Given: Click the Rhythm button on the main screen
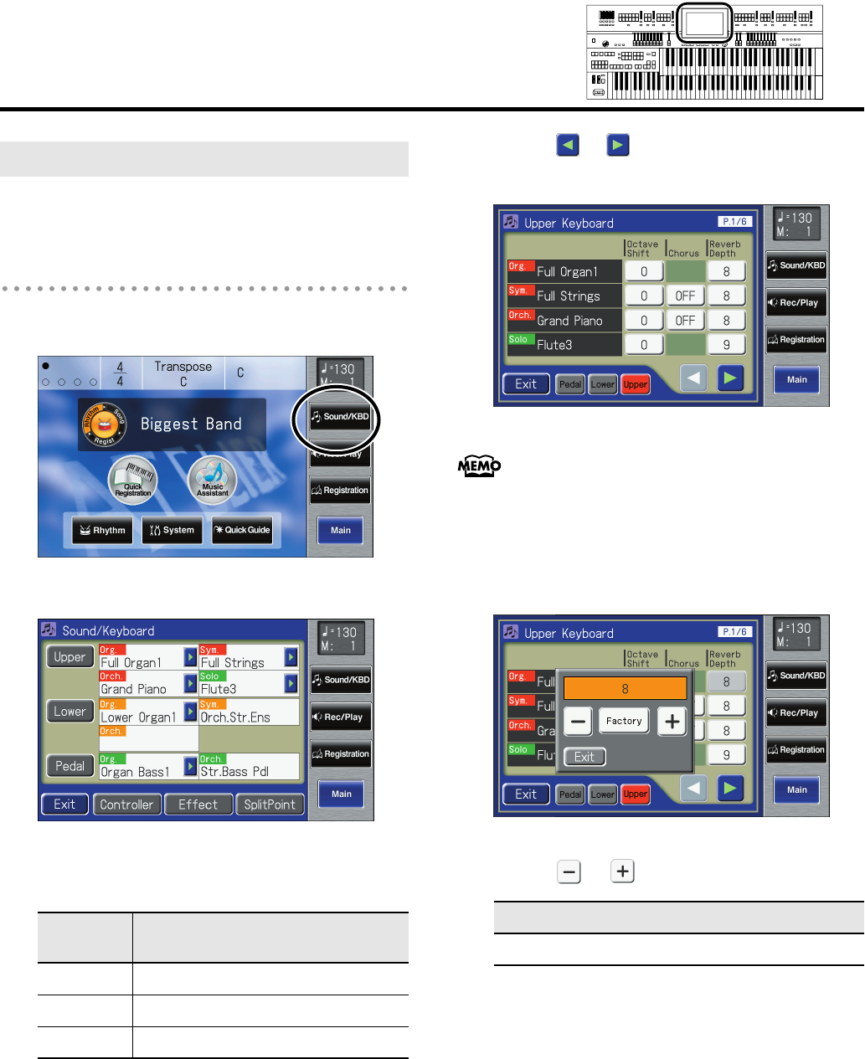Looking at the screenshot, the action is pos(102,530).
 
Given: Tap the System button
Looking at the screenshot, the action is pos(172,530).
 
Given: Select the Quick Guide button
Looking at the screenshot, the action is pos(242,530).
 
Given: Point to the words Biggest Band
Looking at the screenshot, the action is pos(191,424).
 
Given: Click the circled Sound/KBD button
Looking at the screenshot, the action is pos(340,417).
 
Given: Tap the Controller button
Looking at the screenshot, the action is pos(126,805).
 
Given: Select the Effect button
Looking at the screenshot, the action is pos(198,805).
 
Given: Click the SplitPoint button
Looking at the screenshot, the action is pos(270,805).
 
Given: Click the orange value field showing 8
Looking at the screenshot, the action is pos(625,689).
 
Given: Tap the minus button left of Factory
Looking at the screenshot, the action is pos(578,721).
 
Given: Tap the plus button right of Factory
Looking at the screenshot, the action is pos(672,721).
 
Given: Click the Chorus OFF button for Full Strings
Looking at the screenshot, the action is pos(685,296).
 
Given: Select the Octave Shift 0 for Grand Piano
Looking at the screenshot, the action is pos(644,321).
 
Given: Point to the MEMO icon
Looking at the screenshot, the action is pos(480,466).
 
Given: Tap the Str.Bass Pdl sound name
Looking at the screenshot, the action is pos(234,772).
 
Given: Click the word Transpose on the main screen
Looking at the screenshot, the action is pos(183,367).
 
